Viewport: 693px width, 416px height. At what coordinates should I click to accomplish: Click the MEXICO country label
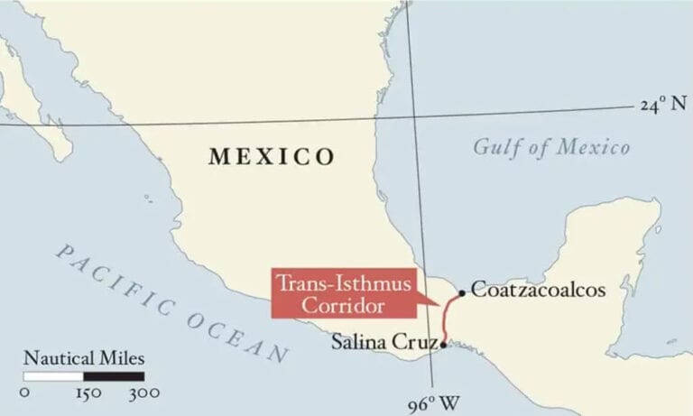point(272,157)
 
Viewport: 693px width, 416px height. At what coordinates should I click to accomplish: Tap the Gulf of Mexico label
point(551,147)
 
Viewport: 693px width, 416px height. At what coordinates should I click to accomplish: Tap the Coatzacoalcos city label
point(537,291)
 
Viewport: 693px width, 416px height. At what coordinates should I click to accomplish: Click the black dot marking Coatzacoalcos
point(462,292)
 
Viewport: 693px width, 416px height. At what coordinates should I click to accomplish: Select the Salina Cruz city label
point(383,342)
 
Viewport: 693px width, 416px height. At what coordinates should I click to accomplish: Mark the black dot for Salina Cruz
point(443,343)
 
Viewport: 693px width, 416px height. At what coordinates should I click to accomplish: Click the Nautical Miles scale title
point(84,357)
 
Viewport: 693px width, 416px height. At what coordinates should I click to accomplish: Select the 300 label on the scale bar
point(144,393)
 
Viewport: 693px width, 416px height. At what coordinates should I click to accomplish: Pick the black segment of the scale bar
point(114,375)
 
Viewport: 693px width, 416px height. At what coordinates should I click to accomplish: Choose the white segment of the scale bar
point(53,375)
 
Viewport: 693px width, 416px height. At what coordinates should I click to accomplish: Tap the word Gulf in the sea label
point(494,147)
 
